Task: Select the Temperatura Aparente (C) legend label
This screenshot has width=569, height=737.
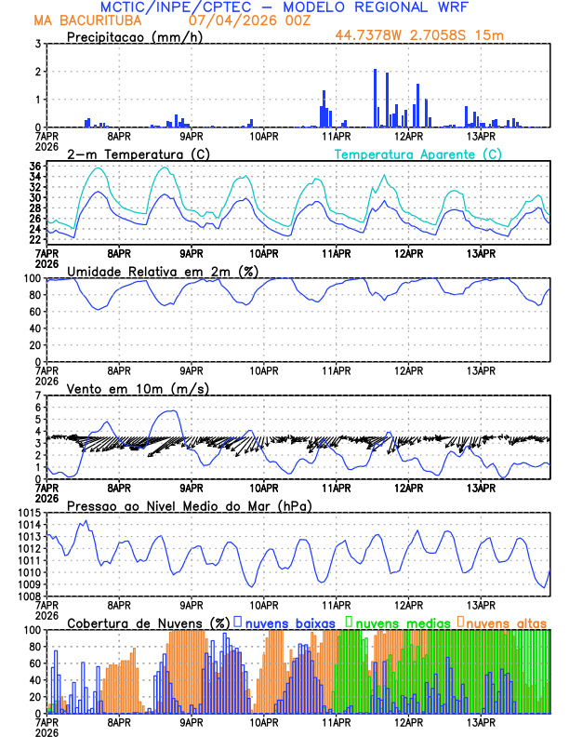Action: point(418,154)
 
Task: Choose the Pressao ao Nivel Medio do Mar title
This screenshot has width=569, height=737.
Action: point(189,505)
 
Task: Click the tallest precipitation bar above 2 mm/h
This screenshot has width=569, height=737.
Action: point(375,98)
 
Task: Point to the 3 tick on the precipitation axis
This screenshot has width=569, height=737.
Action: point(37,44)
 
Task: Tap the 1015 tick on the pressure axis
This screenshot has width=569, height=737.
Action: point(26,513)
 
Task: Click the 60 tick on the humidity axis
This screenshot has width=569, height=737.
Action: point(33,312)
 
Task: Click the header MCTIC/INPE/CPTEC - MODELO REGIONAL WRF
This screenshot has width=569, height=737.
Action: point(284,7)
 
